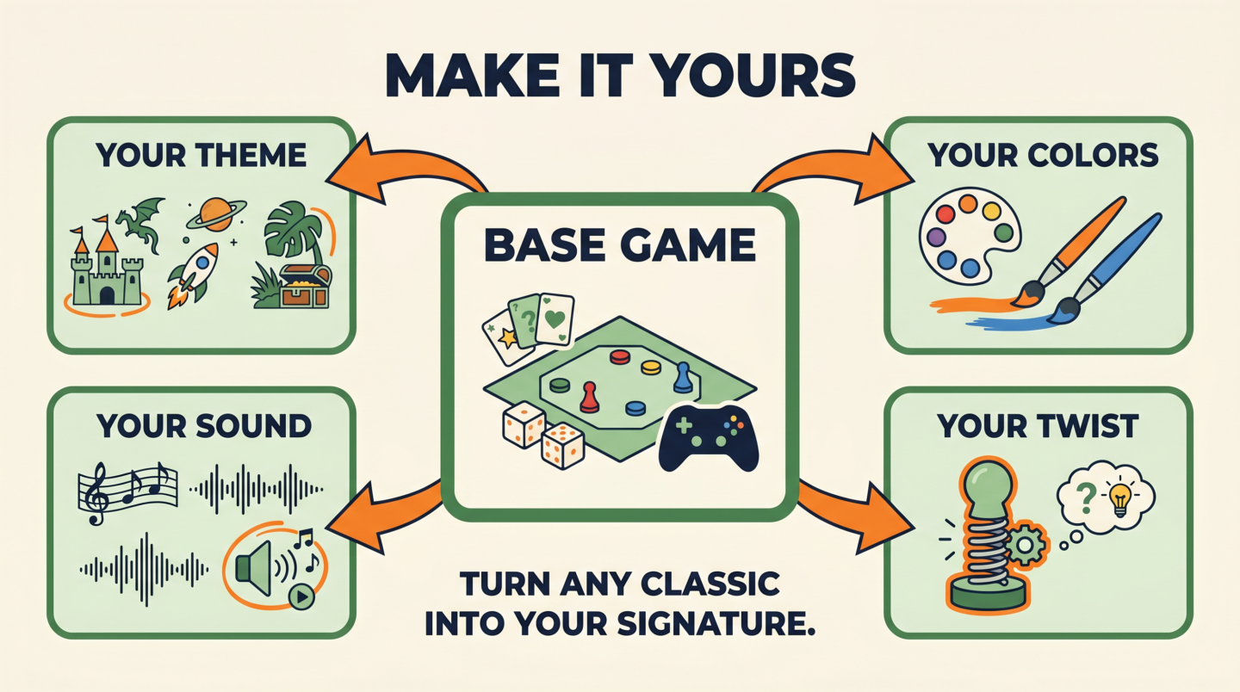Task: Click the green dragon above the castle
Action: click(141, 221)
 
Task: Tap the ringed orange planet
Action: click(216, 214)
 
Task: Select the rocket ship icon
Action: click(194, 275)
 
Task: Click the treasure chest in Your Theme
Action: click(306, 286)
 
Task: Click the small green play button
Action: click(301, 596)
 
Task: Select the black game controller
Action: click(708, 437)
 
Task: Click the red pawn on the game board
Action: click(590, 397)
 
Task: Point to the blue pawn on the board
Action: click(683, 377)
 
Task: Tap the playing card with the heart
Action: click(555, 319)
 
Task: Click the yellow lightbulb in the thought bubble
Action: click(1120, 498)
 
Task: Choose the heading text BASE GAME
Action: click(620, 244)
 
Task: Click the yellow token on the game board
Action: click(651, 368)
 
